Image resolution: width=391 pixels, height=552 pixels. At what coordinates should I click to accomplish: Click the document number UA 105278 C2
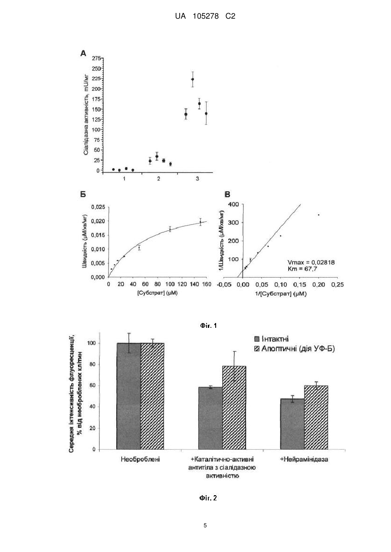[x=205, y=16]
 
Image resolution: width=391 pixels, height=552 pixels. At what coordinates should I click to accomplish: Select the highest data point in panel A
[x=192, y=79]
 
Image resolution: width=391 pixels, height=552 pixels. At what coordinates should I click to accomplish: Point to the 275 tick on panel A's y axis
[x=96, y=59]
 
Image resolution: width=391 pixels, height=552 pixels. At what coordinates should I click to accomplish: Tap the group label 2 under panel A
[x=159, y=179]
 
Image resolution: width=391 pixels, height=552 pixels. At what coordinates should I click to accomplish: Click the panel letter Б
[x=83, y=194]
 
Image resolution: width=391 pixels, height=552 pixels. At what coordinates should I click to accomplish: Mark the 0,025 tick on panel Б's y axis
[x=98, y=207]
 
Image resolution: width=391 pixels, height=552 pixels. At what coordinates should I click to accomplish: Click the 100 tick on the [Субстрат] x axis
[x=170, y=284]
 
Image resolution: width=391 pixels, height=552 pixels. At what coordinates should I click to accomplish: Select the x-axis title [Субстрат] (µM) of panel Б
[x=158, y=293]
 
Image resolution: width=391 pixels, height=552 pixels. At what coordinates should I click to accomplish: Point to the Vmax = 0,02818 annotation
[x=311, y=262]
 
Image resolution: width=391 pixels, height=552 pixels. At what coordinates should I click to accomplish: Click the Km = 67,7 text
[x=302, y=268]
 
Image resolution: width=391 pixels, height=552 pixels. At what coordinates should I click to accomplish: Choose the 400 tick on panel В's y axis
[x=233, y=204]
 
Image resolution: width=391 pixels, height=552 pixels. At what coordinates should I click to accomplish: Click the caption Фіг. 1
[x=208, y=326]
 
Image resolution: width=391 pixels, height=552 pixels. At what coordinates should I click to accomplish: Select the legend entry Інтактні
[x=271, y=339]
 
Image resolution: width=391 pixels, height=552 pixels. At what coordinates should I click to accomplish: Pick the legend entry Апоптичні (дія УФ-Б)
[x=294, y=349]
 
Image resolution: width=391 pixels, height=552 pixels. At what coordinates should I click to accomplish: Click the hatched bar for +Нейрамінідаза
[x=316, y=417]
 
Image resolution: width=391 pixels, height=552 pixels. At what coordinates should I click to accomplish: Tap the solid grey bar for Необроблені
[x=128, y=396]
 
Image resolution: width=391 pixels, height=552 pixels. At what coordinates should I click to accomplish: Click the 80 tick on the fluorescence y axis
[x=92, y=364]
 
